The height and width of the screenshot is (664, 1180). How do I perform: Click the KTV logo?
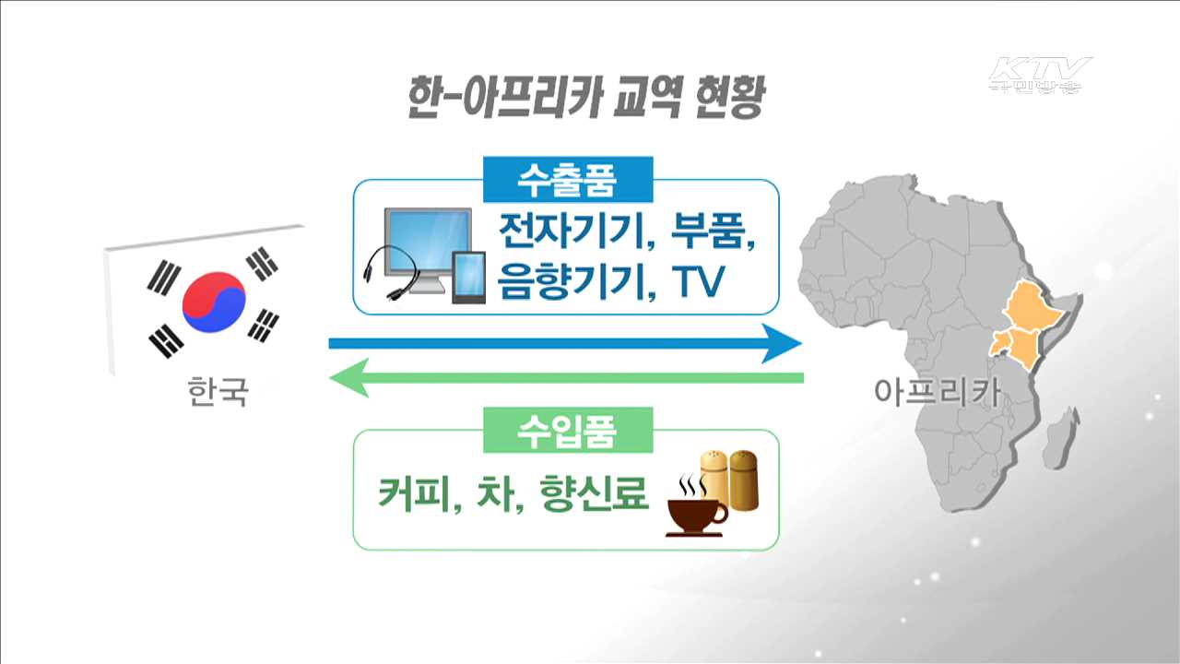click(1039, 75)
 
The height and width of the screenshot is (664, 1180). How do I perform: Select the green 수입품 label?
click(567, 430)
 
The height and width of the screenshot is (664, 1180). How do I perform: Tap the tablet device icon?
click(468, 277)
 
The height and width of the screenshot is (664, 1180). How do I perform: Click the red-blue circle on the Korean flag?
click(214, 302)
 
